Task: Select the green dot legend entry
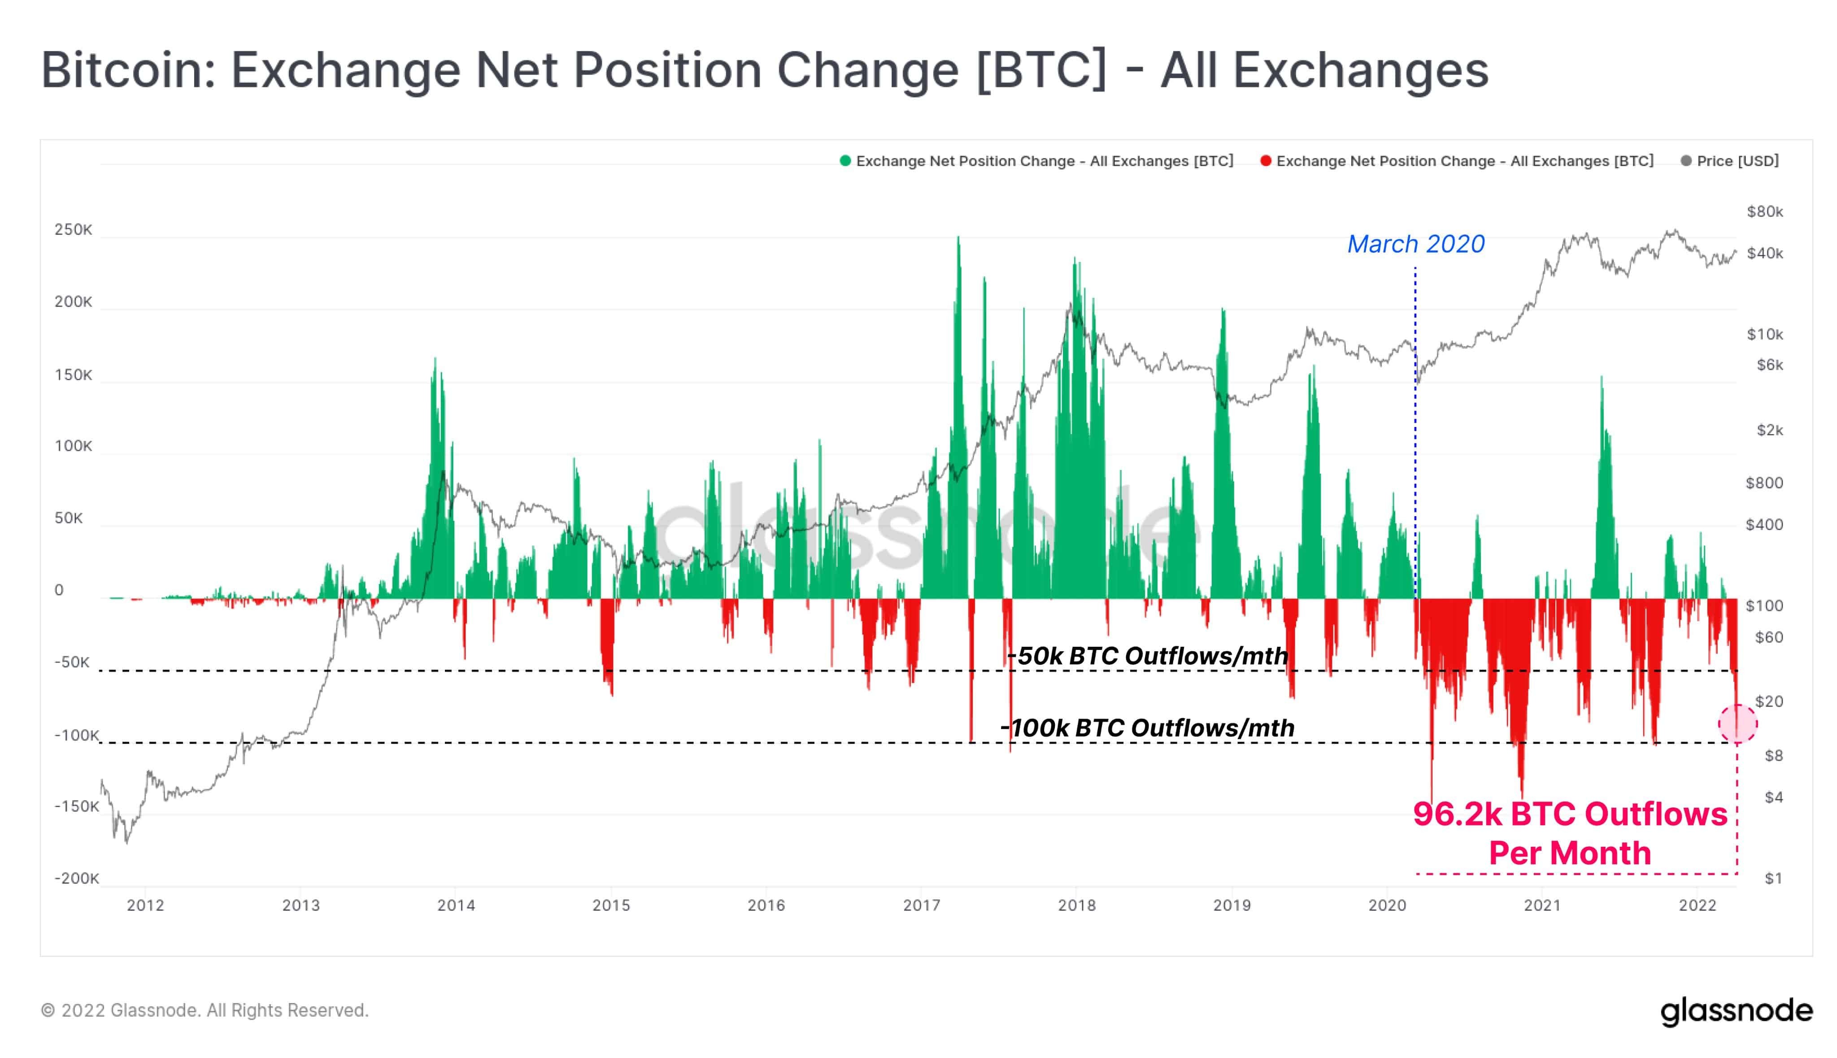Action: click(x=1036, y=161)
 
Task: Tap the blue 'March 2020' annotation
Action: click(x=1415, y=244)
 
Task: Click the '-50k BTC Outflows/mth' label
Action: click(x=1148, y=656)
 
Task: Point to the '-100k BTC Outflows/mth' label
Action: click(x=1148, y=728)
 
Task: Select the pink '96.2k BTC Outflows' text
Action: click(x=1570, y=814)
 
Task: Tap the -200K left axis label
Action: click(x=76, y=879)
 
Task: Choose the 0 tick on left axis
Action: click(x=60, y=591)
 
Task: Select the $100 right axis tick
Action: click(x=1764, y=606)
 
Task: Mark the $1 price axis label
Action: click(x=1773, y=879)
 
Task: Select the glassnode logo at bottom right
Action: click(x=1736, y=1011)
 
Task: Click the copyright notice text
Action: click(x=205, y=1011)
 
